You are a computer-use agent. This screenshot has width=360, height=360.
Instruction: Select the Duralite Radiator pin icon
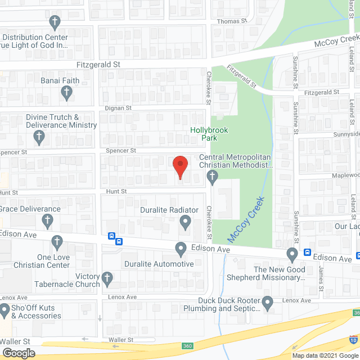186,224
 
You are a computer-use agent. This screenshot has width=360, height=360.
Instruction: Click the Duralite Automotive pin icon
181,249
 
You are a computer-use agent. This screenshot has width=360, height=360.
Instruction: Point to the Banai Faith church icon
67,93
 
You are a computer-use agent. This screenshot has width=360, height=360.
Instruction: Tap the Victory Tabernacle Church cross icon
107,277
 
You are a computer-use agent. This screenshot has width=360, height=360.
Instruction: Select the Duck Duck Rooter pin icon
268,304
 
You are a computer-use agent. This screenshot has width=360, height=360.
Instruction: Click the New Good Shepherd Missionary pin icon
292,255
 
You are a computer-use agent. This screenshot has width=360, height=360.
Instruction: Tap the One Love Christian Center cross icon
56,242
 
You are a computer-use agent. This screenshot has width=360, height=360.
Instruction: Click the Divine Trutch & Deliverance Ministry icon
39,137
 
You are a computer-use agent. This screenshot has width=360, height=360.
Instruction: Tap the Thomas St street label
232,21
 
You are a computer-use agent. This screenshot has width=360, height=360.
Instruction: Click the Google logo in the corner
18,353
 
